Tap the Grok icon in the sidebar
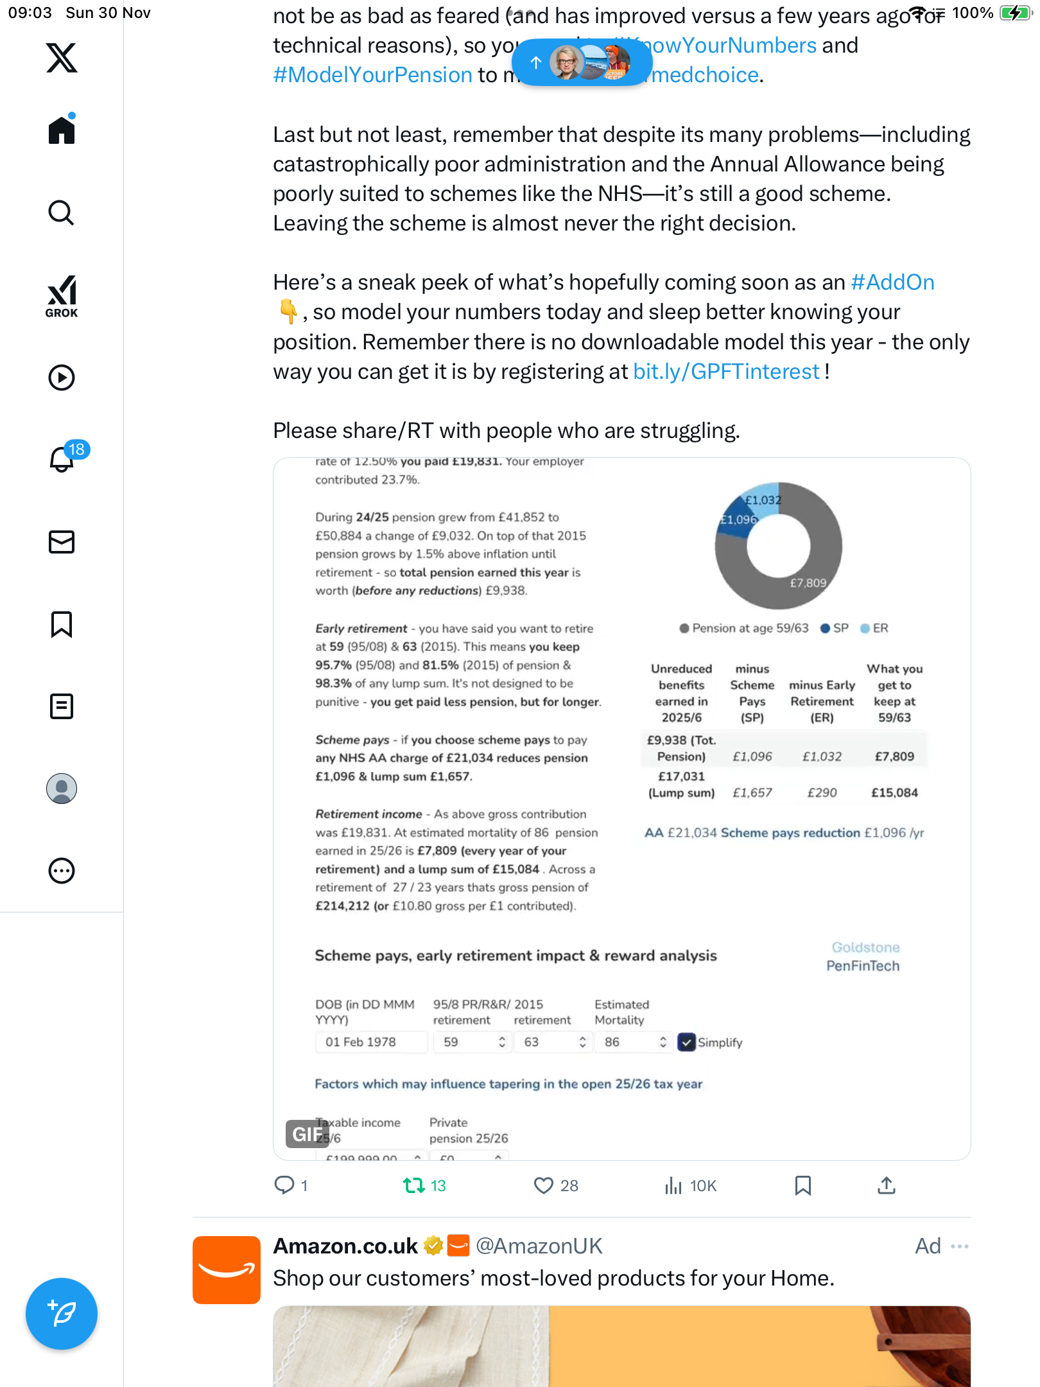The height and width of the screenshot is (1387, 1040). [x=62, y=296]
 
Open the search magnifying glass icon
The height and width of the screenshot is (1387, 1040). [x=62, y=213]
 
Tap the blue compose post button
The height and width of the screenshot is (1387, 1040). [x=62, y=1313]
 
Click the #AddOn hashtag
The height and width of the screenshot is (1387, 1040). [x=892, y=283]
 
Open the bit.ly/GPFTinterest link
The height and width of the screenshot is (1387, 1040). [x=726, y=372]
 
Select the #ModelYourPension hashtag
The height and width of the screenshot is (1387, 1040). [x=373, y=75]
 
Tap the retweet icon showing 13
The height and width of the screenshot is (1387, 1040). [x=414, y=1185]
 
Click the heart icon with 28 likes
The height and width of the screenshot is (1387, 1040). [x=544, y=1185]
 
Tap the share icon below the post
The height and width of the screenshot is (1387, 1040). [x=887, y=1185]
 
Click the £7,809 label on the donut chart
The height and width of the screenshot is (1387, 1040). [x=808, y=583]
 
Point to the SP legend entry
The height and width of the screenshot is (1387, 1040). [x=835, y=628]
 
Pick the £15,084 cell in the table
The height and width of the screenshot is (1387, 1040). [x=894, y=792]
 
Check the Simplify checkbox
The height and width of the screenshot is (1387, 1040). [x=687, y=1042]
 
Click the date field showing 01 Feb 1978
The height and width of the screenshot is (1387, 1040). [x=371, y=1042]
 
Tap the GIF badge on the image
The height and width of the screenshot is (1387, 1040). [x=307, y=1134]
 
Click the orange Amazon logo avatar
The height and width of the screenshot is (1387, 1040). [x=227, y=1270]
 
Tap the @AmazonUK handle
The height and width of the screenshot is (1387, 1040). [x=539, y=1246]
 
